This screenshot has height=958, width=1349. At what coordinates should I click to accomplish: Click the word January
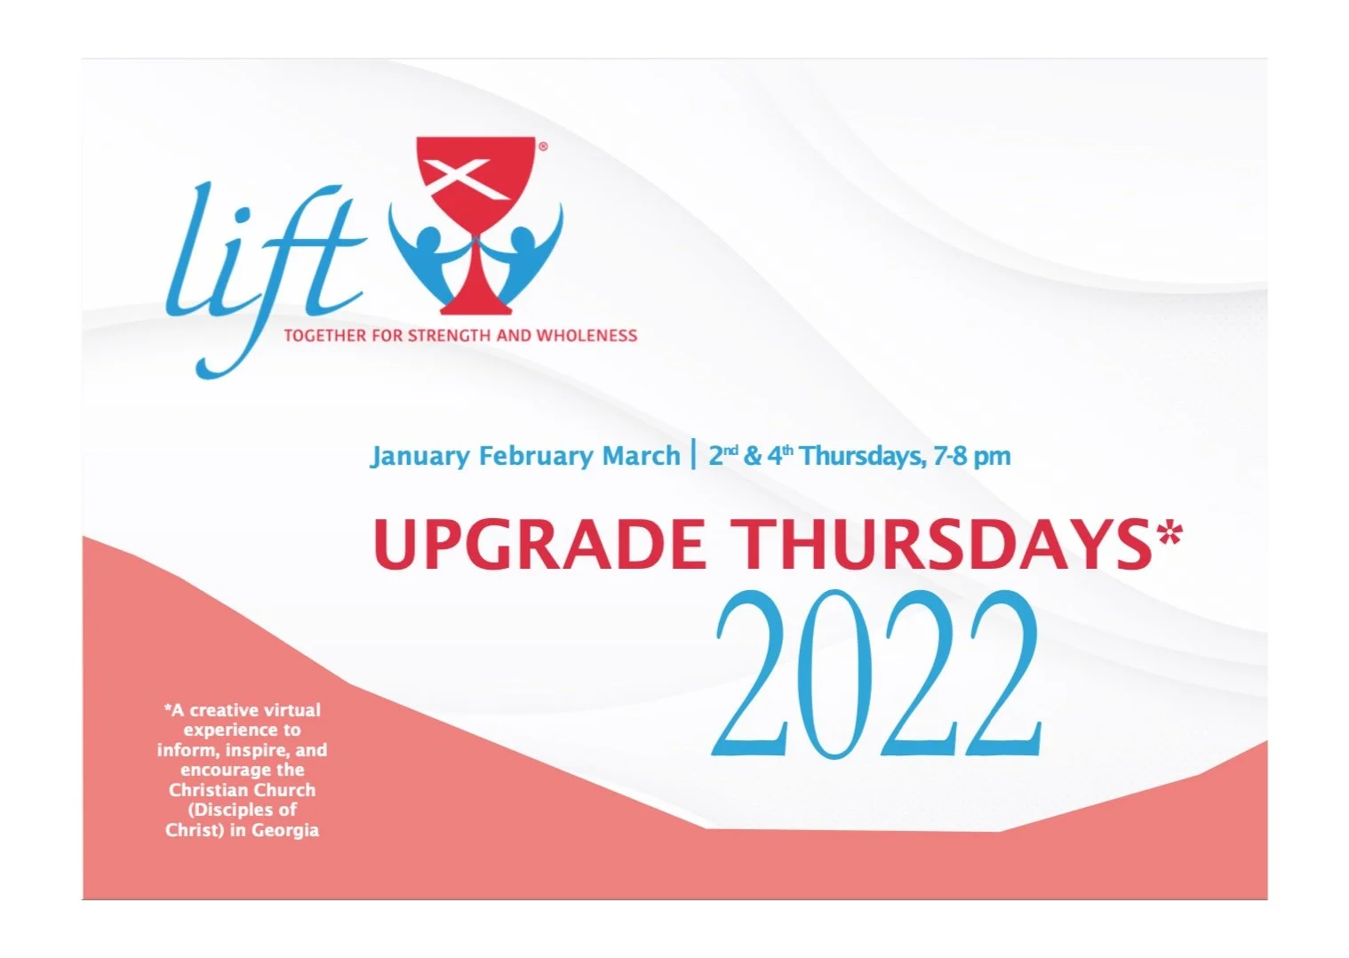point(419,456)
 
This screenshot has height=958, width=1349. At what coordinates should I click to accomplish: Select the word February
point(536,456)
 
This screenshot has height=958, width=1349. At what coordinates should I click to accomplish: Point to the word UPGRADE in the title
point(539,544)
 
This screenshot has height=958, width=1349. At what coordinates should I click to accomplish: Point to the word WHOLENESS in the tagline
point(587,336)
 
